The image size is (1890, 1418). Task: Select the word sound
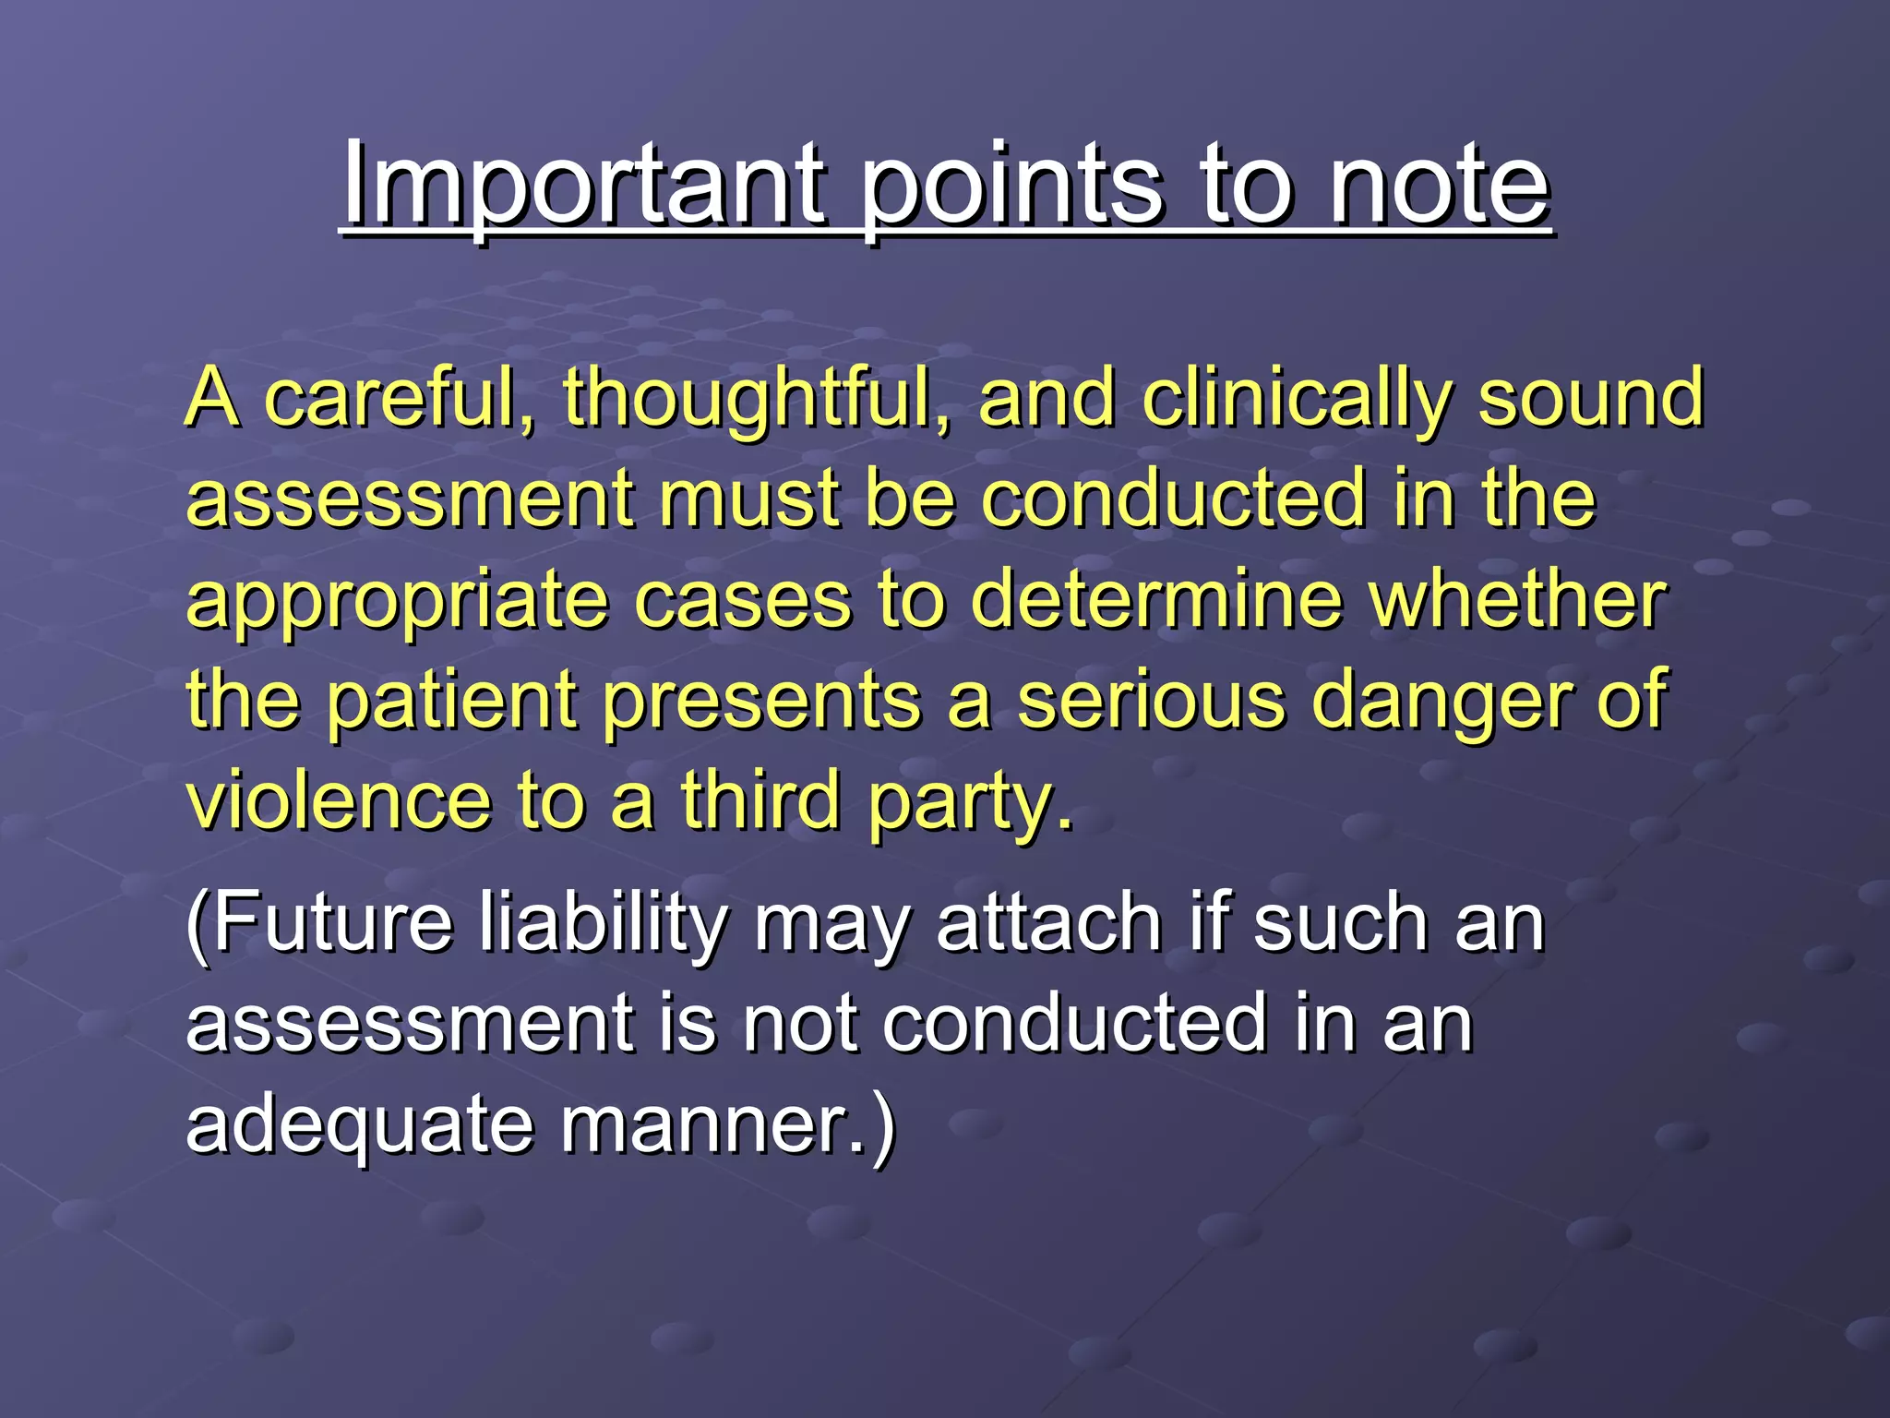coord(1591,399)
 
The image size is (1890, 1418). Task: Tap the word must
coord(748,499)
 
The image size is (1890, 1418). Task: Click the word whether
coord(1517,600)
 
